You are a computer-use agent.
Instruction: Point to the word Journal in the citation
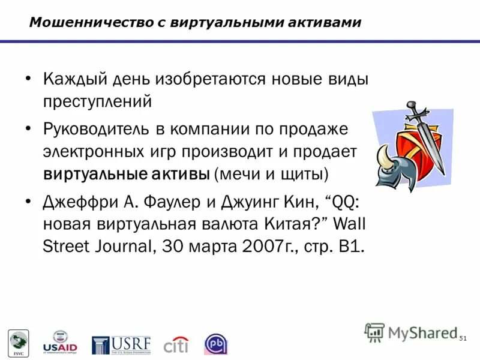[x=119, y=247]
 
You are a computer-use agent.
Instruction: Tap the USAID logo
[x=60, y=343]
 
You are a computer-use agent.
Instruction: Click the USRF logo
[x=121, y=345]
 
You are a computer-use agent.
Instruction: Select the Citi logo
[x=176, y=345]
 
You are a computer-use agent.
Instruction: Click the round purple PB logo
[x=216, y=344]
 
